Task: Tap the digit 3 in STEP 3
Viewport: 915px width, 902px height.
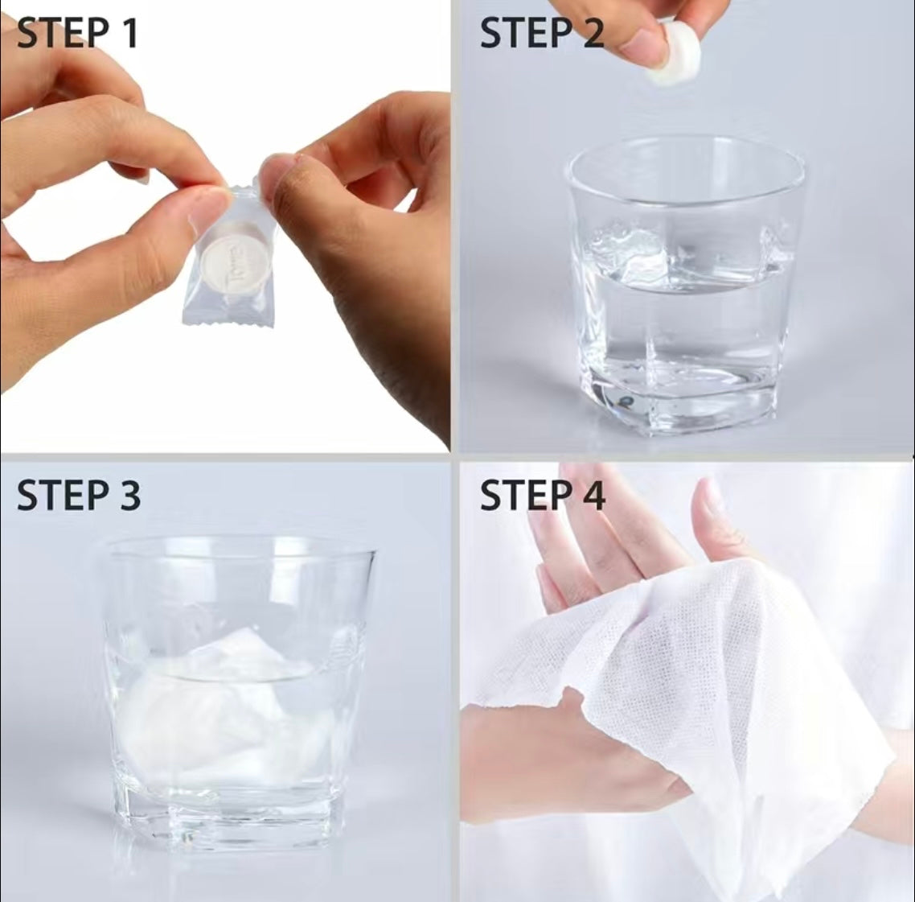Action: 126,495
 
